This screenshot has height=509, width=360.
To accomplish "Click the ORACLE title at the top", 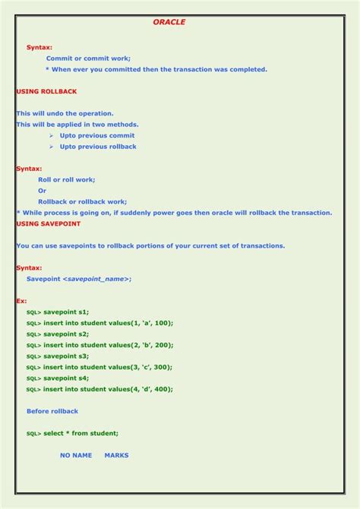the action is click(169, 23).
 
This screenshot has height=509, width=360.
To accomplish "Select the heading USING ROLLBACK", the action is click(46, 91).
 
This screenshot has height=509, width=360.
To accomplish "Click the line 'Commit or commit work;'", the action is click(88, 58).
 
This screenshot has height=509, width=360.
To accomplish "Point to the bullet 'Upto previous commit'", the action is click(97, 135).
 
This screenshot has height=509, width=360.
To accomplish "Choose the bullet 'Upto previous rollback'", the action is click(98, 147).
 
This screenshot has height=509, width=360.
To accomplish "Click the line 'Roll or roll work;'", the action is click(66, 179).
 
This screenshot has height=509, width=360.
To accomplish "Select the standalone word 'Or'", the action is click(43, 191).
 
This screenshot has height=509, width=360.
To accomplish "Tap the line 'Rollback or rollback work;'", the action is click(82, 201).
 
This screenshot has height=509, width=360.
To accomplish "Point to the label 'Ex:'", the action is click(21, 301).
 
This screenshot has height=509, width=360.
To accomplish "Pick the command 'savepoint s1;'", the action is click(66, 312).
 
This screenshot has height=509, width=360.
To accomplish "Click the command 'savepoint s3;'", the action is click(66, 356).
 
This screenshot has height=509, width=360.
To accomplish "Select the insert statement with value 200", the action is click(108, 345).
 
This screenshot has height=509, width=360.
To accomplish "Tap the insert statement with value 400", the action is click(108, 389).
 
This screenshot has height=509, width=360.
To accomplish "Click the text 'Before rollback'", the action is click(52, 411).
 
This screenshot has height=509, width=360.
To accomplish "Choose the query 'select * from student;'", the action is click(81, 433).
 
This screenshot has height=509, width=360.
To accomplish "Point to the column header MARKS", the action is click(116, 455).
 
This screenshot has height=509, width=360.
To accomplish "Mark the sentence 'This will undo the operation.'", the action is click(65, 113).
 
